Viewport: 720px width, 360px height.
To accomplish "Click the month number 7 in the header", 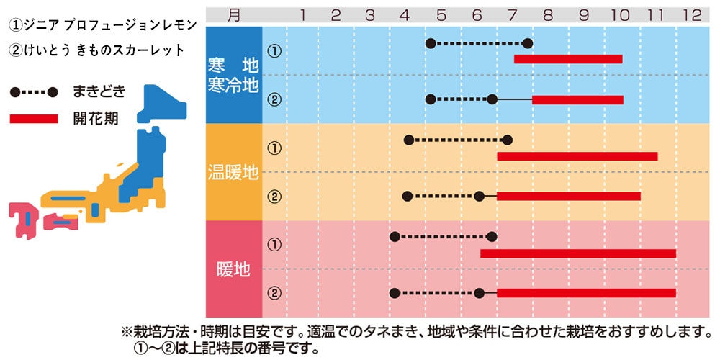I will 512,14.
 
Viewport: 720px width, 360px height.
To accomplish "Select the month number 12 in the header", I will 691,14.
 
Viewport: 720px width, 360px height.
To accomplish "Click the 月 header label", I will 234,14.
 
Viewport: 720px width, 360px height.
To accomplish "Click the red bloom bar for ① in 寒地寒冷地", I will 568,59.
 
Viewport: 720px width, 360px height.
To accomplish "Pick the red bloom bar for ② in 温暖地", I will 568,196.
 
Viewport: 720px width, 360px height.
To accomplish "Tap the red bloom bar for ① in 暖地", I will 578,253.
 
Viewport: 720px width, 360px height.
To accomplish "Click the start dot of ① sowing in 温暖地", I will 409,140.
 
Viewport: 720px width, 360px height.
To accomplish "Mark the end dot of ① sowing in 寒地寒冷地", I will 528,44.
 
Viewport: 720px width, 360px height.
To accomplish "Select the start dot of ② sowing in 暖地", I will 395,293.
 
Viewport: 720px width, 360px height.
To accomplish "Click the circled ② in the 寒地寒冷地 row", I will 274,99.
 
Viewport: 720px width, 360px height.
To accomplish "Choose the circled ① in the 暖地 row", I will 274,245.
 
